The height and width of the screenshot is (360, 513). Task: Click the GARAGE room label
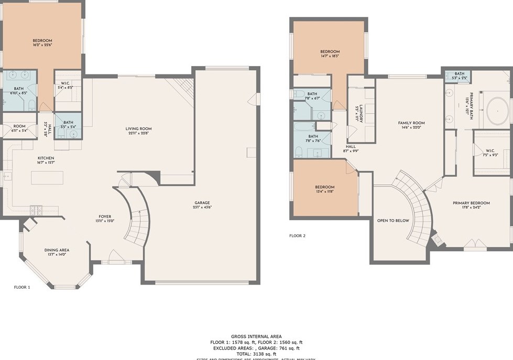[x=202, y=203]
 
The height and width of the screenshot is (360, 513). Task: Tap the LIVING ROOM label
[x=138, y=129]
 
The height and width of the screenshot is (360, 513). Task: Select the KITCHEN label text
[x=46, y=158]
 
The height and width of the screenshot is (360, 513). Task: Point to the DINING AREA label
[x=57, y=250]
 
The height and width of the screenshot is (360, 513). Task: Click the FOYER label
[x=105, y=216]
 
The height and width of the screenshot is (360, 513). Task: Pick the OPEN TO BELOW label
[x=392, y=221]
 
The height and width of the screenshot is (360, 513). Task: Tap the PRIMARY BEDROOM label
[x=472, y=203]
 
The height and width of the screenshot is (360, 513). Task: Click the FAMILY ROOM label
[x=411, y=123]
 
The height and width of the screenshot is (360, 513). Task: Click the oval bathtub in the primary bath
[x=496, y=111]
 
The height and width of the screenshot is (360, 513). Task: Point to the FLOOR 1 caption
[x=22, y=287]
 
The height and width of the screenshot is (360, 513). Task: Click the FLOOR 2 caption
[x=297, y=236]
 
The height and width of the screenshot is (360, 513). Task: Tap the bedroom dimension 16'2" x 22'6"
[x=42, y=45]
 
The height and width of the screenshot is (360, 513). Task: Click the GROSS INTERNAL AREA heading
[x=256, y=336]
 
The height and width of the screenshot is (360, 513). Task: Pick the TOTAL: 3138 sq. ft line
[x=256, y=353]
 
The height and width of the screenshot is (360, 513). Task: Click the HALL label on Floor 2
[x=352, y=147]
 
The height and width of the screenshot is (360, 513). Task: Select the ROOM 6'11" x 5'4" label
[x=19, y=126]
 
